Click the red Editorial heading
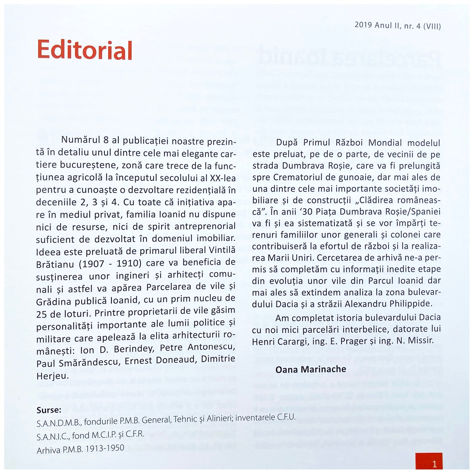coord(85,50)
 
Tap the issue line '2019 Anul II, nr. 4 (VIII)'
coord(398,26)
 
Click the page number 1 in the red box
coord(434,465)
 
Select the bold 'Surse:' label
coord(49,410)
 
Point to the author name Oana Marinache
coord(311,369)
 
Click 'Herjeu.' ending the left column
coord(53,376)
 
